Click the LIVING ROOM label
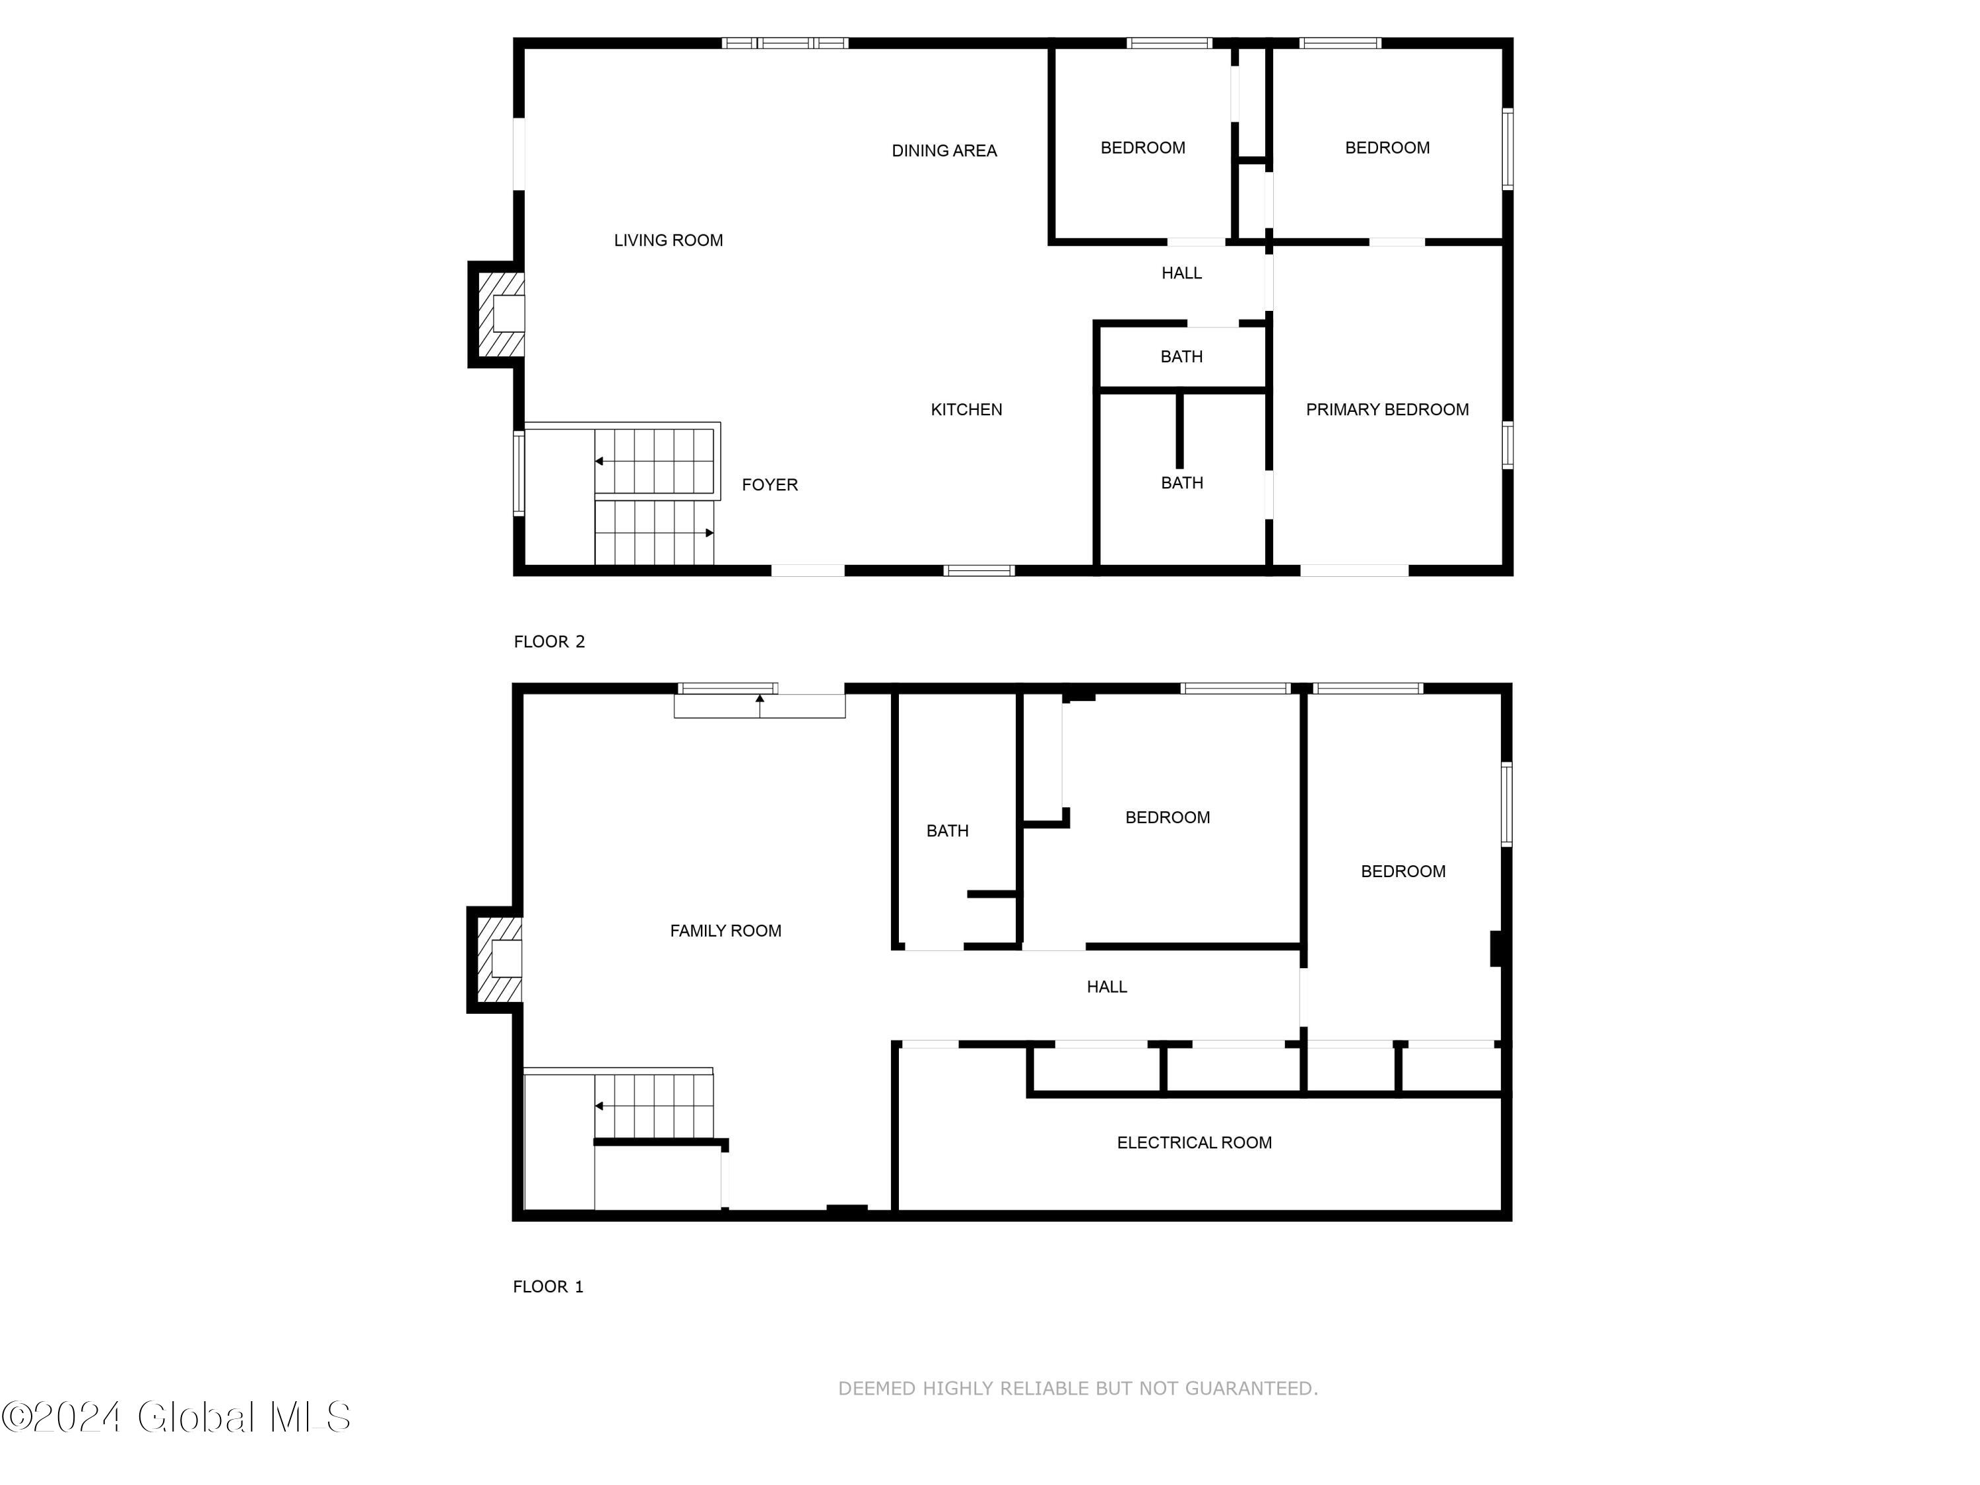click(668, 240)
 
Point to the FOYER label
click(769, 484)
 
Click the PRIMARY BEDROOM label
click(1387, 409)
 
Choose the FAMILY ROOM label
click(725, 930)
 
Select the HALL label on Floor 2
click(1181, 273)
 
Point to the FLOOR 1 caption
click(548, 1286)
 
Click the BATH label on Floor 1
click(947, 831)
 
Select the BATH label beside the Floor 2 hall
click(1181, 356)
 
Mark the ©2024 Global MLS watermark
click(176, 1417)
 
